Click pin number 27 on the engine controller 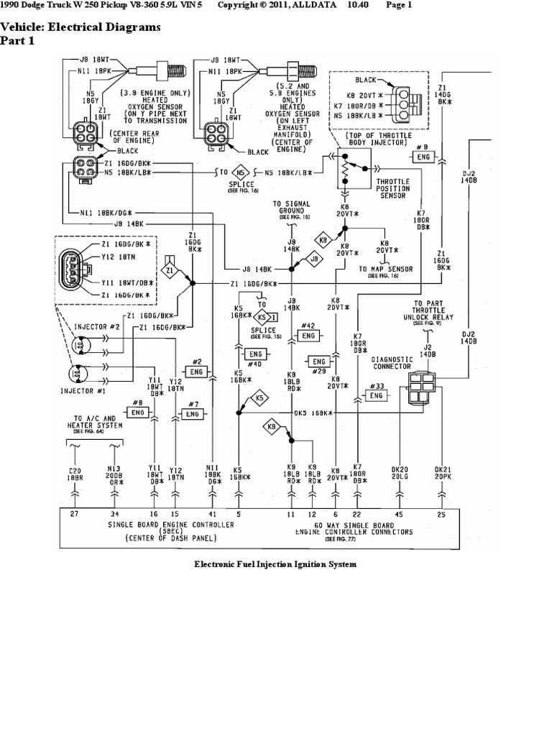[x=75, y=515]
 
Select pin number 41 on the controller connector [x=211, y=515]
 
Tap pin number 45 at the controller [x=400, y=515]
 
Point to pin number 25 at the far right [x=441, y=515]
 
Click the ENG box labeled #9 [x=423, y=156]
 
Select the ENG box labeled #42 [x=308, y=336]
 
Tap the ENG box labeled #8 [x=137, y=412]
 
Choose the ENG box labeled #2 [x=196, y=371]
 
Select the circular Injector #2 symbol [x=79, y=346]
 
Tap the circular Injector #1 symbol [x=79, y=374]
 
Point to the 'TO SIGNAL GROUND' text [x=292, y=207]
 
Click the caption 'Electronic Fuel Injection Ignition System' [x=276, y=564]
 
